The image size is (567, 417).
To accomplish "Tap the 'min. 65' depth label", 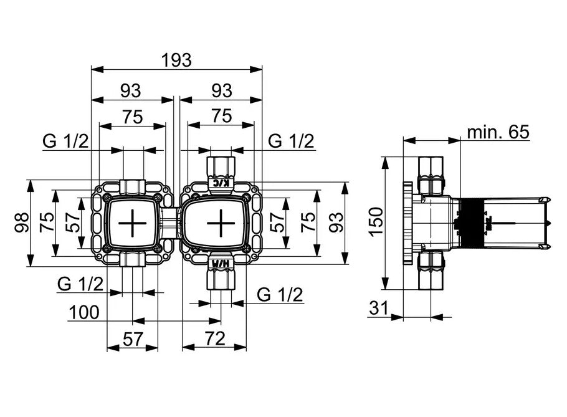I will coord(498,132).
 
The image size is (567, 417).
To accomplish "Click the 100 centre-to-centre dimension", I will coord(83,312).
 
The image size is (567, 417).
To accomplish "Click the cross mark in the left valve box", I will coord(132,223).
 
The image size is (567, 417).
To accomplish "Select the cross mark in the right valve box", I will coord(219,223).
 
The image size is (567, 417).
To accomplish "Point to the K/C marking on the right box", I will coord(220,183).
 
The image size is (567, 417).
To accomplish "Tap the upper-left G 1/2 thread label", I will coord(65,141).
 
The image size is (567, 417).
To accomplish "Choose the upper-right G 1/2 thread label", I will coord(291,141).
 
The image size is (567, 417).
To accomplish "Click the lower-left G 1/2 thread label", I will coord(80,284).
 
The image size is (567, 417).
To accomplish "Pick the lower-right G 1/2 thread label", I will coord(280,294).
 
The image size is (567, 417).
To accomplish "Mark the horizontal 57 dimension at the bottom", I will coord(131,339).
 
